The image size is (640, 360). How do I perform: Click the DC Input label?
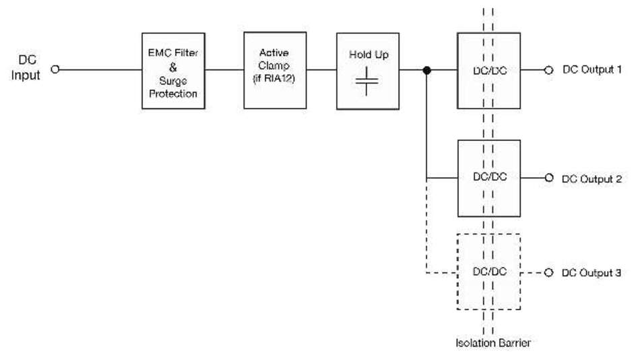[26, 69]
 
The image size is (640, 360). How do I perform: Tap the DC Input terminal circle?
[55, 69]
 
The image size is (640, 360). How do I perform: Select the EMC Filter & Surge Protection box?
[173, 69]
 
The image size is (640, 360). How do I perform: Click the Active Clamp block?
[274, 69]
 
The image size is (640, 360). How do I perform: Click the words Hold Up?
[367, 55]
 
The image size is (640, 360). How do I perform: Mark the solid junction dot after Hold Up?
[426, 69]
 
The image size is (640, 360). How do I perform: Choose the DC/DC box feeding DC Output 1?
[489, 69]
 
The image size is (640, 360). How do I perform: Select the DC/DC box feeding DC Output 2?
[489, 178]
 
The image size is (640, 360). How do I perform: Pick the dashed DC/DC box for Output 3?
[489, 272]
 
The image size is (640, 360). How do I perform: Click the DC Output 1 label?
[591, 69]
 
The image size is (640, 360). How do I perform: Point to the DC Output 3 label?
[591, 272]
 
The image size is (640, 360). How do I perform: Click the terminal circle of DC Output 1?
[548, 69]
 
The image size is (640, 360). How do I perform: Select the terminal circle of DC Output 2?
[548, 178]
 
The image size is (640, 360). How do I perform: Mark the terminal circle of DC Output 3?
[548, 272]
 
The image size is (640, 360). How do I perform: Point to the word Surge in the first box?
[173, 82]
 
